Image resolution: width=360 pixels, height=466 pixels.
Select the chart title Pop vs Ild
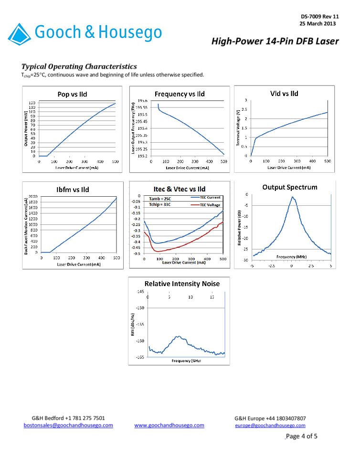click(72, 94)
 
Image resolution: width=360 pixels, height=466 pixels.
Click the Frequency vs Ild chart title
click(180, 94)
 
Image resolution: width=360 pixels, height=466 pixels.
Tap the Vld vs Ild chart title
click(284, 93)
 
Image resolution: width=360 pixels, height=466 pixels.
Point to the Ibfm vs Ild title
click(72, 190)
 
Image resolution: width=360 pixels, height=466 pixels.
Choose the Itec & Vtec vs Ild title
click(180, 189)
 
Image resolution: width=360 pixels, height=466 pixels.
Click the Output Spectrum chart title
click(290, 187)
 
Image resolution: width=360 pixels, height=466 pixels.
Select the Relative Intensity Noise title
click(182, 284)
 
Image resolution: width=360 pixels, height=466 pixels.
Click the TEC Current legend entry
click(210, 197)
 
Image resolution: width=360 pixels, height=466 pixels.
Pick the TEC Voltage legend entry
click(210, 205)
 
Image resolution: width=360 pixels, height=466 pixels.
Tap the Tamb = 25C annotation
click(156, 198)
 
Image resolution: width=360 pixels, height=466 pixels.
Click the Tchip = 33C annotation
click(156, 204)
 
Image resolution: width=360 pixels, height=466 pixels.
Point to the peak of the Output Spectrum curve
click(292, 197)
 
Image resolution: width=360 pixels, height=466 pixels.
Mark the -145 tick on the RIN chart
click(140, 291)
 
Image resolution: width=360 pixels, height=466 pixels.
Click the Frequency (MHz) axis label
click(291, 257)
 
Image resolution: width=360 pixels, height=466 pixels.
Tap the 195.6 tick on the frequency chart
click(142, 101)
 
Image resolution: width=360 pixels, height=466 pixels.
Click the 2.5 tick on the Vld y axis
click(245, 110)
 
